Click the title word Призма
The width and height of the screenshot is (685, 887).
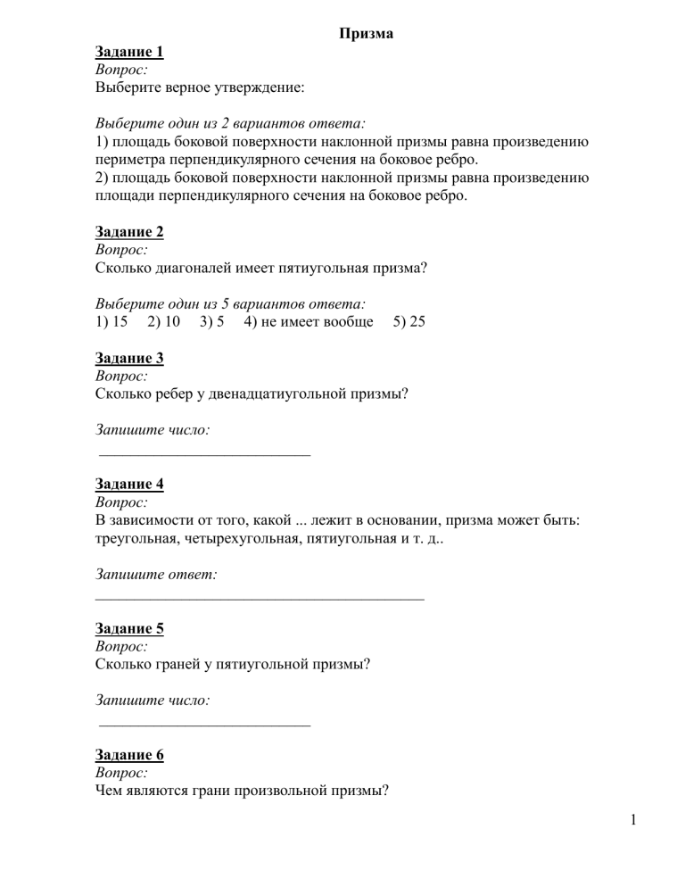(x=367, y=34)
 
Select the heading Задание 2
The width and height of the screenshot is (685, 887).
(x=129, y=232)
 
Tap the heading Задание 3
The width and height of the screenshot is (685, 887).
(x=129, y=358)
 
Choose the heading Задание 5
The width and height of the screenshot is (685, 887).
(x=129, y=627)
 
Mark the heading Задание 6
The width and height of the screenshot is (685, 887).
(x=129, y=754)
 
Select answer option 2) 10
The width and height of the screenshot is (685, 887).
(x=164, y=321)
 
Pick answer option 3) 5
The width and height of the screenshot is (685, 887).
(x=212, y=321)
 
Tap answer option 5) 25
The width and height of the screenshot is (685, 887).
(x=409, y=321)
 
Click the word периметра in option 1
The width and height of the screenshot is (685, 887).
(x=131, y=160)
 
